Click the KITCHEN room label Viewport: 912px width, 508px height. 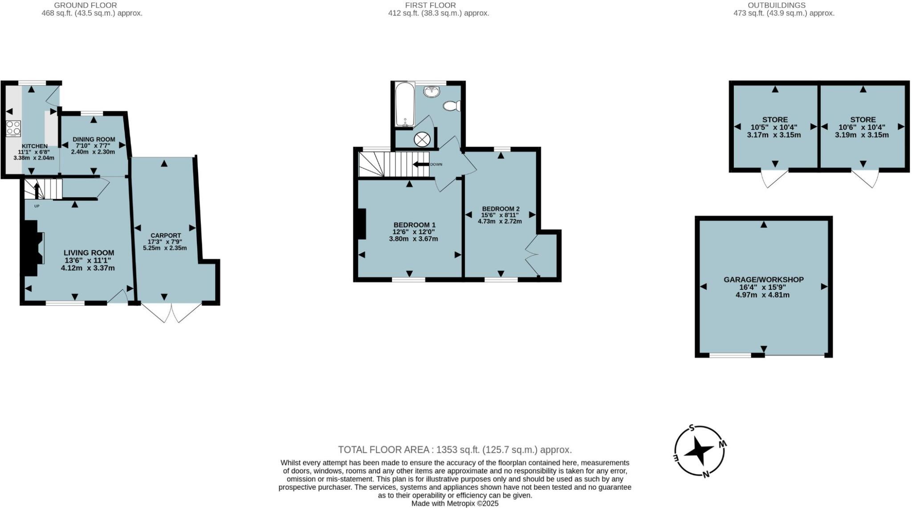34,146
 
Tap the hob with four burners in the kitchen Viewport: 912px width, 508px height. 13,128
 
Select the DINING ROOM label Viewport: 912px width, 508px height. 94,139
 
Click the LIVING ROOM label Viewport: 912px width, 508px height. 89,252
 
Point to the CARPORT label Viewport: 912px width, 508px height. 165,236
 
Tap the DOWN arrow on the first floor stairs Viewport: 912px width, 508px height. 420,164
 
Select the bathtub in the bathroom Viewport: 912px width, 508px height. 405,104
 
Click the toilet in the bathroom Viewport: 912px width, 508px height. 452,106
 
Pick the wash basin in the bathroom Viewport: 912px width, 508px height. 431,92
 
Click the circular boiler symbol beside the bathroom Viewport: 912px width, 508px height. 421,139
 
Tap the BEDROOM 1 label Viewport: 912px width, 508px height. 414,225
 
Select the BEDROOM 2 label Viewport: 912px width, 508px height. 501,208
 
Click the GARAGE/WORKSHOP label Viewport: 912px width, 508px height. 763,280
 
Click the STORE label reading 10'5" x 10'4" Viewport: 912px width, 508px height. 775,119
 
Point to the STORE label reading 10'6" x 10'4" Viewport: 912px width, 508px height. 863,119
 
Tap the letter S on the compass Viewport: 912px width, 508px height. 692,428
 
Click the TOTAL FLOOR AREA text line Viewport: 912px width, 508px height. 455,450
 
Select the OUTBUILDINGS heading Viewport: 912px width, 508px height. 783,5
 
